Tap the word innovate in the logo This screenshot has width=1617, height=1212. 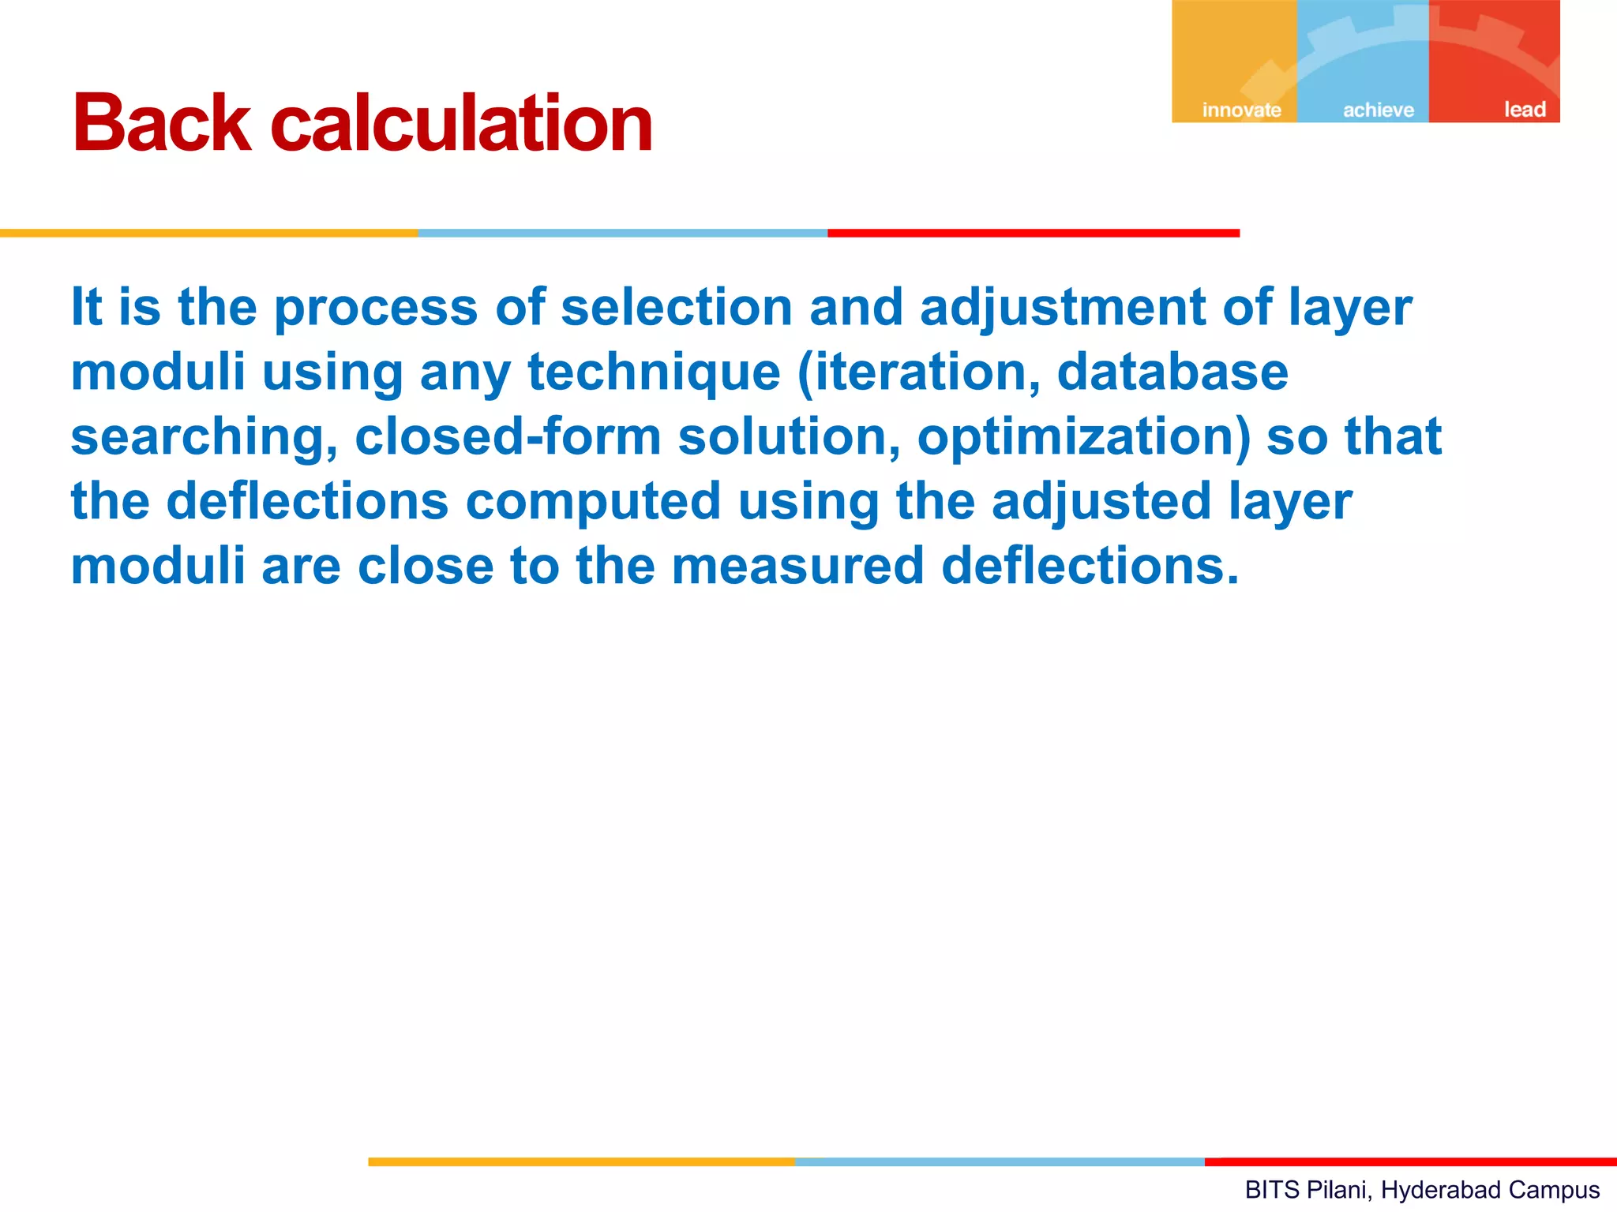(1241, 110)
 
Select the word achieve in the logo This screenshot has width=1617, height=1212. (1378, 110)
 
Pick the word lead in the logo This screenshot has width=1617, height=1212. (1524, 109)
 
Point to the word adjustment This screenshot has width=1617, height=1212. (1062, 308)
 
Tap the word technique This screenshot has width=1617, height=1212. (654, 372)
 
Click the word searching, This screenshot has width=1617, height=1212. (204, 437)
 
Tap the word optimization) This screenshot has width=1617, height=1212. (1083, 437)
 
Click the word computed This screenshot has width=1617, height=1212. (593, 502)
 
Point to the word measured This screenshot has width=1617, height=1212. (797, 566)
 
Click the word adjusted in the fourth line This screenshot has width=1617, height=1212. (1101, 502)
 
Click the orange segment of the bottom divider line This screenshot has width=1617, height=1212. (581, 1161)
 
